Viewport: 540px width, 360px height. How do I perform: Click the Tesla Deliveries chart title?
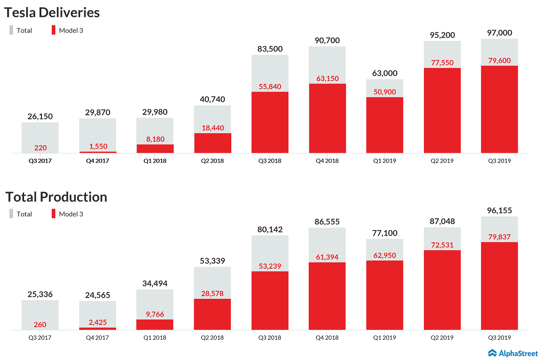click(x=52, y=13)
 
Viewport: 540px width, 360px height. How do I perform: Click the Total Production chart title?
click(x=56, y=197)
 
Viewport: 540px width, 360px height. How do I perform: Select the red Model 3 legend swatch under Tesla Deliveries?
click(x=54, y=30)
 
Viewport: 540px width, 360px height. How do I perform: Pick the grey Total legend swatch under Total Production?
click(x=11, y=214)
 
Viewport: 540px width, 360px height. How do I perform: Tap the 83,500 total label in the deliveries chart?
click(x=270, y=49)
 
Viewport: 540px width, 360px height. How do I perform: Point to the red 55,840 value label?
click(x=270, y=87)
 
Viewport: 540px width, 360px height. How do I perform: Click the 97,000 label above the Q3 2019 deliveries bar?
click(x=499, y=33)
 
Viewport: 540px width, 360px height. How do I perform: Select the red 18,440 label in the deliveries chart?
click(x=213, y=128)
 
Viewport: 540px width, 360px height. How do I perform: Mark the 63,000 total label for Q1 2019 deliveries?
click(x=384, y=73)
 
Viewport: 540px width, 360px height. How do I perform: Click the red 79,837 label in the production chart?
click(x=499, y=237)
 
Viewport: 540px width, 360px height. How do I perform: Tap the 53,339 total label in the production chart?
click(x=213, y=261)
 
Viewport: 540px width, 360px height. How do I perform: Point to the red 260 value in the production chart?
click(x=40, y=325)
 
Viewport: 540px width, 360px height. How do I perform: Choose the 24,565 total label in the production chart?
click(x=97, y=295)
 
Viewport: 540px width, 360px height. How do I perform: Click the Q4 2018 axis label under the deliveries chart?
click(x=327, y=161)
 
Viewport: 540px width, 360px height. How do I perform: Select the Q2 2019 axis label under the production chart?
click(x=442, y=338)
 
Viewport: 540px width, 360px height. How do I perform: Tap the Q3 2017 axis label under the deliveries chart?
click(x=40, y=161)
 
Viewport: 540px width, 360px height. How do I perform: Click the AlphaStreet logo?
click(x=513, y=353)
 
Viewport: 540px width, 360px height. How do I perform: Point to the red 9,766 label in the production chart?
click(x=155, y=314)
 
